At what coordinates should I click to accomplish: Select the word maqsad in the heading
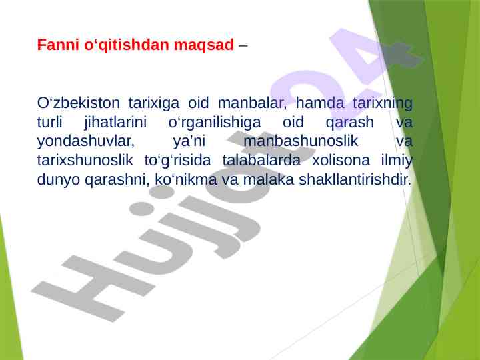point(203,46)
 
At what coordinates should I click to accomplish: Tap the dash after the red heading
point(243,46)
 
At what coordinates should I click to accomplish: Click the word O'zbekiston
point(79,103)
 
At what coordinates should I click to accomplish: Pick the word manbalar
point(252,103)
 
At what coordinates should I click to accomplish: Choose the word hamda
point(320,103)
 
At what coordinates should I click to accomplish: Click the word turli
point(49,122)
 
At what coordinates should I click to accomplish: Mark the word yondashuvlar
point(86,142)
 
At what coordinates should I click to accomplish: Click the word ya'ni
point(189,142)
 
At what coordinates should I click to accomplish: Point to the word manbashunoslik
point(301,141)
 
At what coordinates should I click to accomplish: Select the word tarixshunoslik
point(85,161)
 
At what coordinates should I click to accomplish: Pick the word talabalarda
point(261,161)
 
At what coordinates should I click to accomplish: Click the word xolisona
point(341,161)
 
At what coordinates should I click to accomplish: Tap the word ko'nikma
point(186,180)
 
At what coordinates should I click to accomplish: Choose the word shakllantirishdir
point(355,180)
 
